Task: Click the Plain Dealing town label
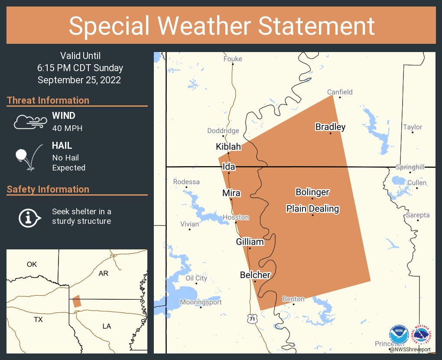(x=312, y=209)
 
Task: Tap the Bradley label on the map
(x=330, y=127)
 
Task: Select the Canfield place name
(x=340, y=92)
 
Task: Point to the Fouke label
(x=233, y=59)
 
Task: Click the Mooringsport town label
(x=201, y=302)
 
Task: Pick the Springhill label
(x=410, y=167)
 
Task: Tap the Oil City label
(x=196, y=278)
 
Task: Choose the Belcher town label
(x=255, y=275)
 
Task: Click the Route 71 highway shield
(x=252, y=319)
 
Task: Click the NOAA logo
(x=399, y=335)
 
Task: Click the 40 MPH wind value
(x=67, y=128)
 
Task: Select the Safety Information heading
(x=48, y=189)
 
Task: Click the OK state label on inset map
(x=32, y=264)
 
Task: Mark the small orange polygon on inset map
(x=77, y=301)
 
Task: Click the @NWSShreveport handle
(x=410, y=349)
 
